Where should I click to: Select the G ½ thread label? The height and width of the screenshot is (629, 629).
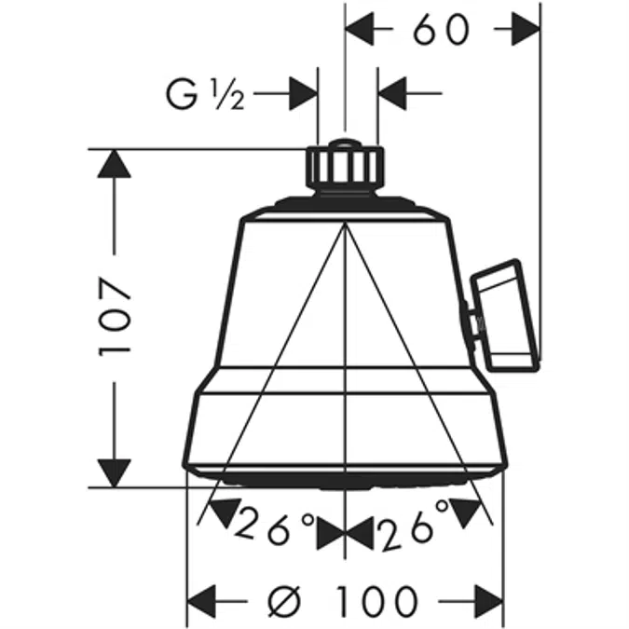coord(205,94)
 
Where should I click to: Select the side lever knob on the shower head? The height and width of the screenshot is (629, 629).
coord(503,314)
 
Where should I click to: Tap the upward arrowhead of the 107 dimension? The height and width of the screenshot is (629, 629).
coord(116,166)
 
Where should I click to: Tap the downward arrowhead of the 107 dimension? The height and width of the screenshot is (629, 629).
coord(116,469)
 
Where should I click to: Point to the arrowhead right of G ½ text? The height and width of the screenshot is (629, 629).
coord(303,93)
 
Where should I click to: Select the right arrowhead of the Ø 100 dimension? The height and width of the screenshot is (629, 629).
coord(487,600)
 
